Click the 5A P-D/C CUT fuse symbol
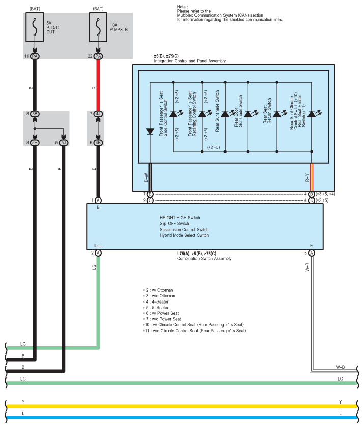[35, 27]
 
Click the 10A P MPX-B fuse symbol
[98, 27]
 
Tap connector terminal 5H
[35, 142]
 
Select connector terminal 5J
[64, 142]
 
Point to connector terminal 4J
[98, 114]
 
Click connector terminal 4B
[98, 142]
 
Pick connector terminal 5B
[35, 114]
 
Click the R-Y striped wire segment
[312, 177]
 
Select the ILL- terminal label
[98, 246]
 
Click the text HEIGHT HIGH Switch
[180, 217]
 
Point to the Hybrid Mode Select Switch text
[184, 235]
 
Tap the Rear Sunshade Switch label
[217, 111]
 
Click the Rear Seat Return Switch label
[267, 111]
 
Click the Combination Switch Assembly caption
[204, 258]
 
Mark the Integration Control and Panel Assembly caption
[189, 61]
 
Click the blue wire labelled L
[182, 418]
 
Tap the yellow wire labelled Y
[182, 406]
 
